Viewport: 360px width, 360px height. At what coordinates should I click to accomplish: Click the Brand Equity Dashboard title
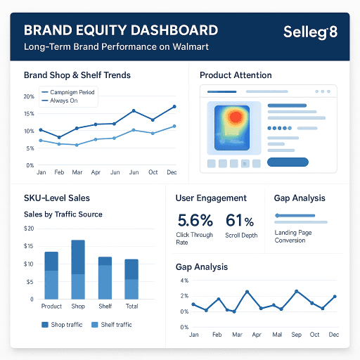click(x=120, y=31)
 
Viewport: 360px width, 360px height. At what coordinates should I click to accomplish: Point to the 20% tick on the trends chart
click(x=29, y=96)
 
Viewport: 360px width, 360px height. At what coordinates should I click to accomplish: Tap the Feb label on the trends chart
click(x=59, y=172)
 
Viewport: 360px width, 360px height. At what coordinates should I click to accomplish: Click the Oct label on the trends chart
click(x=153, y=172)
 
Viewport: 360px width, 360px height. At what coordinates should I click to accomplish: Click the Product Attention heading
click(x=238, y=75)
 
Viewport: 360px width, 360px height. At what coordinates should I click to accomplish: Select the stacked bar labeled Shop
click(x=78, y=269)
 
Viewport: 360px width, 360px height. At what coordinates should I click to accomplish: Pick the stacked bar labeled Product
click(x=51, y=275)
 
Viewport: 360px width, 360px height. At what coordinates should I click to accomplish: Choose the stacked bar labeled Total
click(x=131, y=279)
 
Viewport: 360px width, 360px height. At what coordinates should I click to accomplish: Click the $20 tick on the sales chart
click(x=29, y=229)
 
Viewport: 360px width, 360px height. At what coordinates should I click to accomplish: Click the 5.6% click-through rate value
click(x=195, y=221)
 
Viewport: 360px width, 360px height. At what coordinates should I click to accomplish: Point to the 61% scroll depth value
click(x=239, y=221)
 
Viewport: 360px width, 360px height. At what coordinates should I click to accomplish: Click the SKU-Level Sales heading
click(x=57, y=198)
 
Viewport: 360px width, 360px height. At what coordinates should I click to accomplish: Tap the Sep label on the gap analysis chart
click(x=295, y=335)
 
